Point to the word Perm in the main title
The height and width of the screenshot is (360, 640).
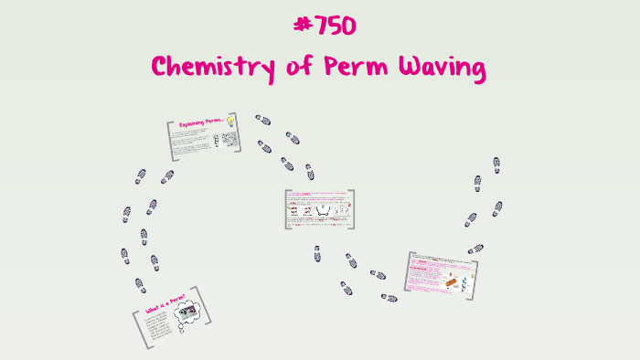coord(343,67)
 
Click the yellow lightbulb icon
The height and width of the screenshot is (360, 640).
coord(230,120)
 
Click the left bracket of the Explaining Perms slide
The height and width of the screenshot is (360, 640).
coord(169,140)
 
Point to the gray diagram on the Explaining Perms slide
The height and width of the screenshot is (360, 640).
coord(226,140)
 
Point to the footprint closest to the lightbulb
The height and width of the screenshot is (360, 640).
coord(263,121)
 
